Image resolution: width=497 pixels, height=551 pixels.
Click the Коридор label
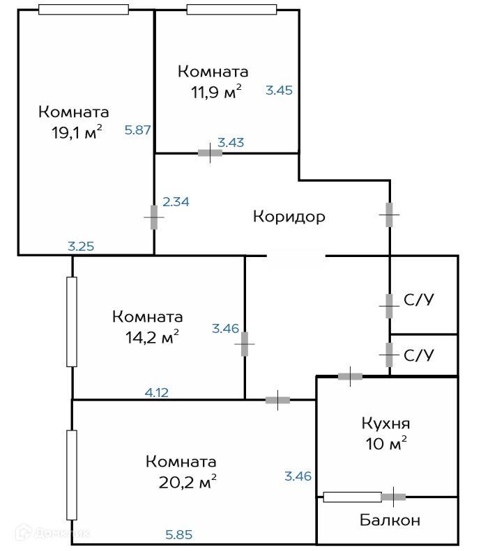click(x=289, y=217)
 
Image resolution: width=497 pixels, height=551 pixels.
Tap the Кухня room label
click(x=385, y=424)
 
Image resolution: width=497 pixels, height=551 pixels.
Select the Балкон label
click(x=390, y=520)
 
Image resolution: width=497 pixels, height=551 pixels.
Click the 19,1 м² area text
click(x=77, y=132)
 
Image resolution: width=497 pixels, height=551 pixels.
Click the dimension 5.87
click(x=138, y=130)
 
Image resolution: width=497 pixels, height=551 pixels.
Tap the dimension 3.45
click(x=280, y=90)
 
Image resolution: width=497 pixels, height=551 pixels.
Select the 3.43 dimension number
click(x=231, y=143)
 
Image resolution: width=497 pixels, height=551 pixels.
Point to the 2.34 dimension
click(x=176, y=202)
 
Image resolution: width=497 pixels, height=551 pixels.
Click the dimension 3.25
click(x=81, y=245)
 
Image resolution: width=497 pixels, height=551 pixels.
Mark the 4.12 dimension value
click(x=157, y=392)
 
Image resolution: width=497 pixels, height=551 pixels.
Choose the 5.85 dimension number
click(x=178, y=535)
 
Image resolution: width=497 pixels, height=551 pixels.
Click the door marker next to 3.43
click(x=210, y=153)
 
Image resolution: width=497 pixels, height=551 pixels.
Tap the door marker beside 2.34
click(x=154, y=217)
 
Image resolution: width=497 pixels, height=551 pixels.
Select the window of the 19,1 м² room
click(x=84, y=10)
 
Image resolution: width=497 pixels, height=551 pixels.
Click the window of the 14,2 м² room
click(x=72, y=322)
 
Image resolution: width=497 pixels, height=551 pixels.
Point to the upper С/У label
click(x=419, y=301)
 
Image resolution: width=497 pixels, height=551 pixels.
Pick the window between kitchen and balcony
click(x=352, y=497)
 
